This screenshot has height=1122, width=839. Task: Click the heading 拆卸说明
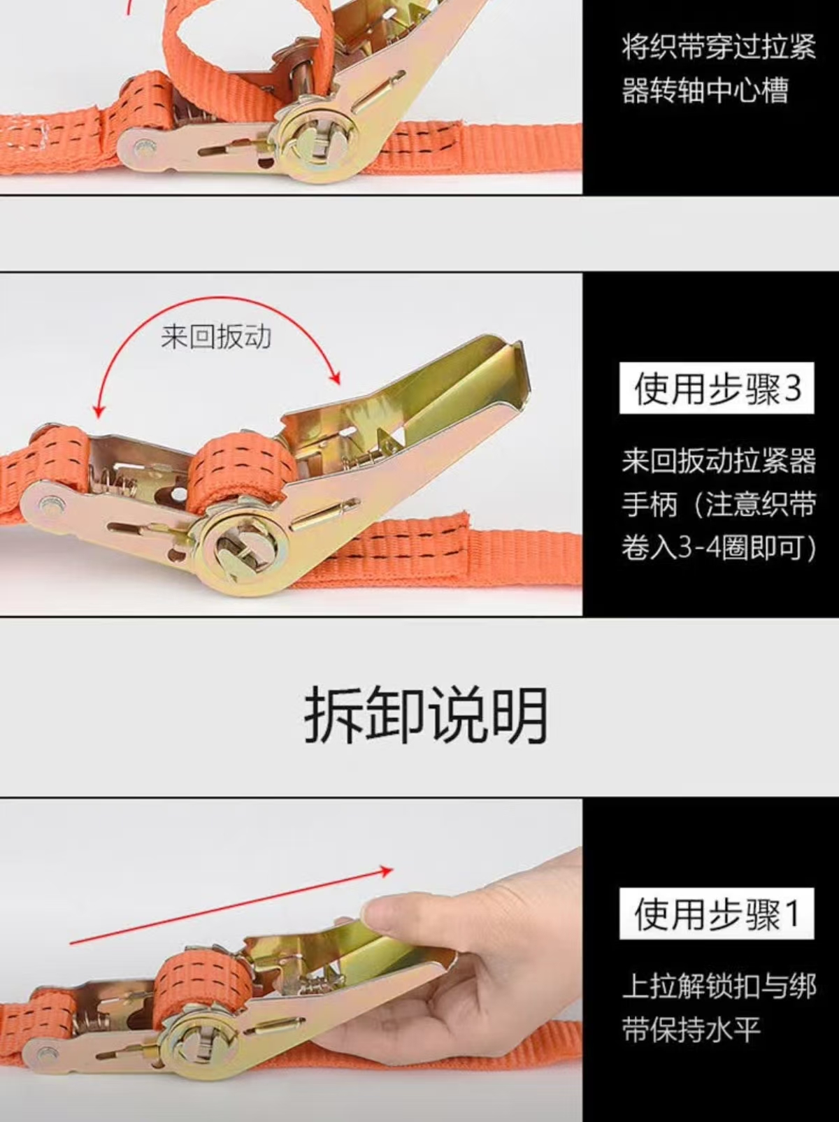(425, 714)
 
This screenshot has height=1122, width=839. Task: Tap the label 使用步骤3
(716, 389)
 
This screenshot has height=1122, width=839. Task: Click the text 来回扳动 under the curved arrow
(216, 338)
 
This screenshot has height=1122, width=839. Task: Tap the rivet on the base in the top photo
(142, 149)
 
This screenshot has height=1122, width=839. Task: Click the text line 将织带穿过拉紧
(718, 47)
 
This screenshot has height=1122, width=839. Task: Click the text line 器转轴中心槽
(705, 90)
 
